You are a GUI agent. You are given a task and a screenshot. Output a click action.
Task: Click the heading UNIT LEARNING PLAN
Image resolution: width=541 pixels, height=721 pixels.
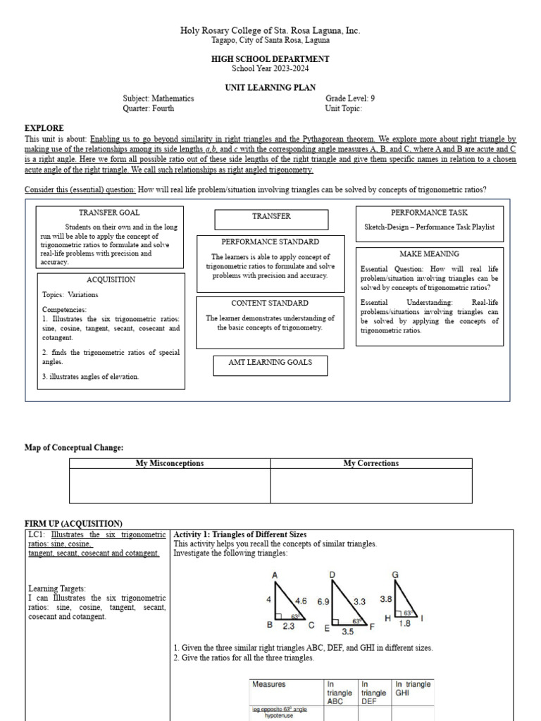pos(270,88)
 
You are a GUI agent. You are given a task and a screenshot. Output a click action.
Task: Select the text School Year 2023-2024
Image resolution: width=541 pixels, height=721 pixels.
pos(270,68)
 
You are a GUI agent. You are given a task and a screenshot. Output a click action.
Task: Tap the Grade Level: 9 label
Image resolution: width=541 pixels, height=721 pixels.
pos(350,99)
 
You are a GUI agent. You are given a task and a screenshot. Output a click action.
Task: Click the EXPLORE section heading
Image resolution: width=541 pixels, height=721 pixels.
pos(44,128)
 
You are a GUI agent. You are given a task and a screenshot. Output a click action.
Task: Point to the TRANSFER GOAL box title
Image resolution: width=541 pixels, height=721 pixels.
pos(109,213)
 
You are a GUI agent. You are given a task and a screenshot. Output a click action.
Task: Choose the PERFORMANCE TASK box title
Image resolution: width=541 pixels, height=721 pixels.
pos(429,212)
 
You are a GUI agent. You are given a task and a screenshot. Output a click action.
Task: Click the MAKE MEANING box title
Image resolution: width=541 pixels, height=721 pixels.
pos(429,253)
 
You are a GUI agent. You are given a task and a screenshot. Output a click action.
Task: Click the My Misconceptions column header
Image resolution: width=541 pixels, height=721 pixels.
pos(170,463)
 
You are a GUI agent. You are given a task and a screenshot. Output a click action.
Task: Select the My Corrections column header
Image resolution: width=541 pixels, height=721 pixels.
pos(371,463)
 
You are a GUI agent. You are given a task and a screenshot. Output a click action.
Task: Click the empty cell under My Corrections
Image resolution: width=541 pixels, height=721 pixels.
pos(371,486)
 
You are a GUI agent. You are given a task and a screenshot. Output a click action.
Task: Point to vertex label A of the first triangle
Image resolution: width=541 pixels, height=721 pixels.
pos(275,575)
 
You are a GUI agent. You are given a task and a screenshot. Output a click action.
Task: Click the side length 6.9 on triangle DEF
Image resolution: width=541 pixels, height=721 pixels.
pos(323,602)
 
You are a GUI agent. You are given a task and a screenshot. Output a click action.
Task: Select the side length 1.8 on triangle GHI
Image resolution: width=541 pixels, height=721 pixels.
pos(404,623)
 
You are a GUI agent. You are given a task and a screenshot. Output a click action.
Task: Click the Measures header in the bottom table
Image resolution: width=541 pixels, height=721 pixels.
pos(269,684)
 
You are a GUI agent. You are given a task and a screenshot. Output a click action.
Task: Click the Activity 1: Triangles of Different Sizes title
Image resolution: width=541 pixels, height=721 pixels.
pos(240,535)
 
